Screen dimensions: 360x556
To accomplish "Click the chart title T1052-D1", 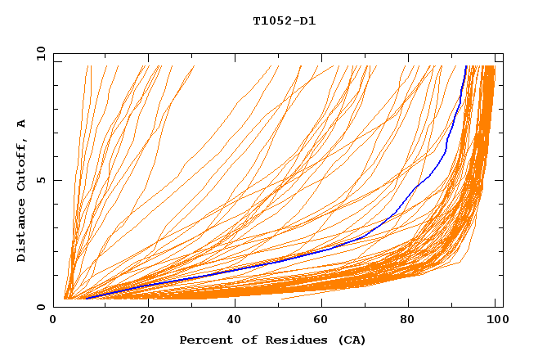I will tap(284, 20).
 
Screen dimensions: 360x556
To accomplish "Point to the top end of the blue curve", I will tap(465, 66).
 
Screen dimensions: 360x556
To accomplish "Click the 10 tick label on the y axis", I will tap(41, 53).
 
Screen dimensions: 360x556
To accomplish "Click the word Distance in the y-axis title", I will tap(21, 231).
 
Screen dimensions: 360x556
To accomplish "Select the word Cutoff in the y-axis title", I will tap(21, 164).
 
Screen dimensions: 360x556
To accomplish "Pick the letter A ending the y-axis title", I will tap(21, 123).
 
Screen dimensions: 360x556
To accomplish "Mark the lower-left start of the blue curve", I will tap(86, 299).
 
